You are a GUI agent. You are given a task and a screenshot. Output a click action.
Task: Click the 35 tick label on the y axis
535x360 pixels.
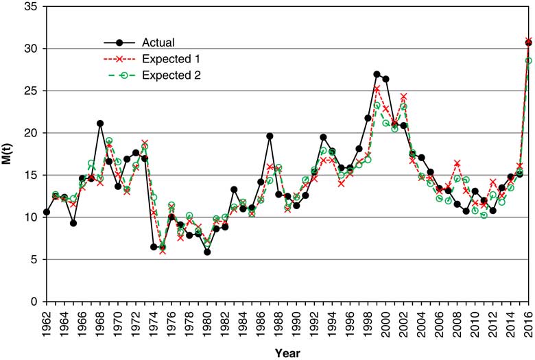point(29,6)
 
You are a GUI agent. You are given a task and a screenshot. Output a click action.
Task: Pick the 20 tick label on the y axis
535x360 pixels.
point(29,132)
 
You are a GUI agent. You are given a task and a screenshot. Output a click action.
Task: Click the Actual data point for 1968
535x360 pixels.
point(100,123)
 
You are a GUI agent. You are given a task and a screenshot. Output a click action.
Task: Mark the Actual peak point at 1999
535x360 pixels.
point(377,74)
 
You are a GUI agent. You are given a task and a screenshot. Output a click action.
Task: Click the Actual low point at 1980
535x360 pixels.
point(207,252)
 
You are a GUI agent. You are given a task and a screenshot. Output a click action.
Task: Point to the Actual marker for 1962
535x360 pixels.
point(47,212)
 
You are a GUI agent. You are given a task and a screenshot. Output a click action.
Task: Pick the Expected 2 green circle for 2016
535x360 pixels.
point(528,60)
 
